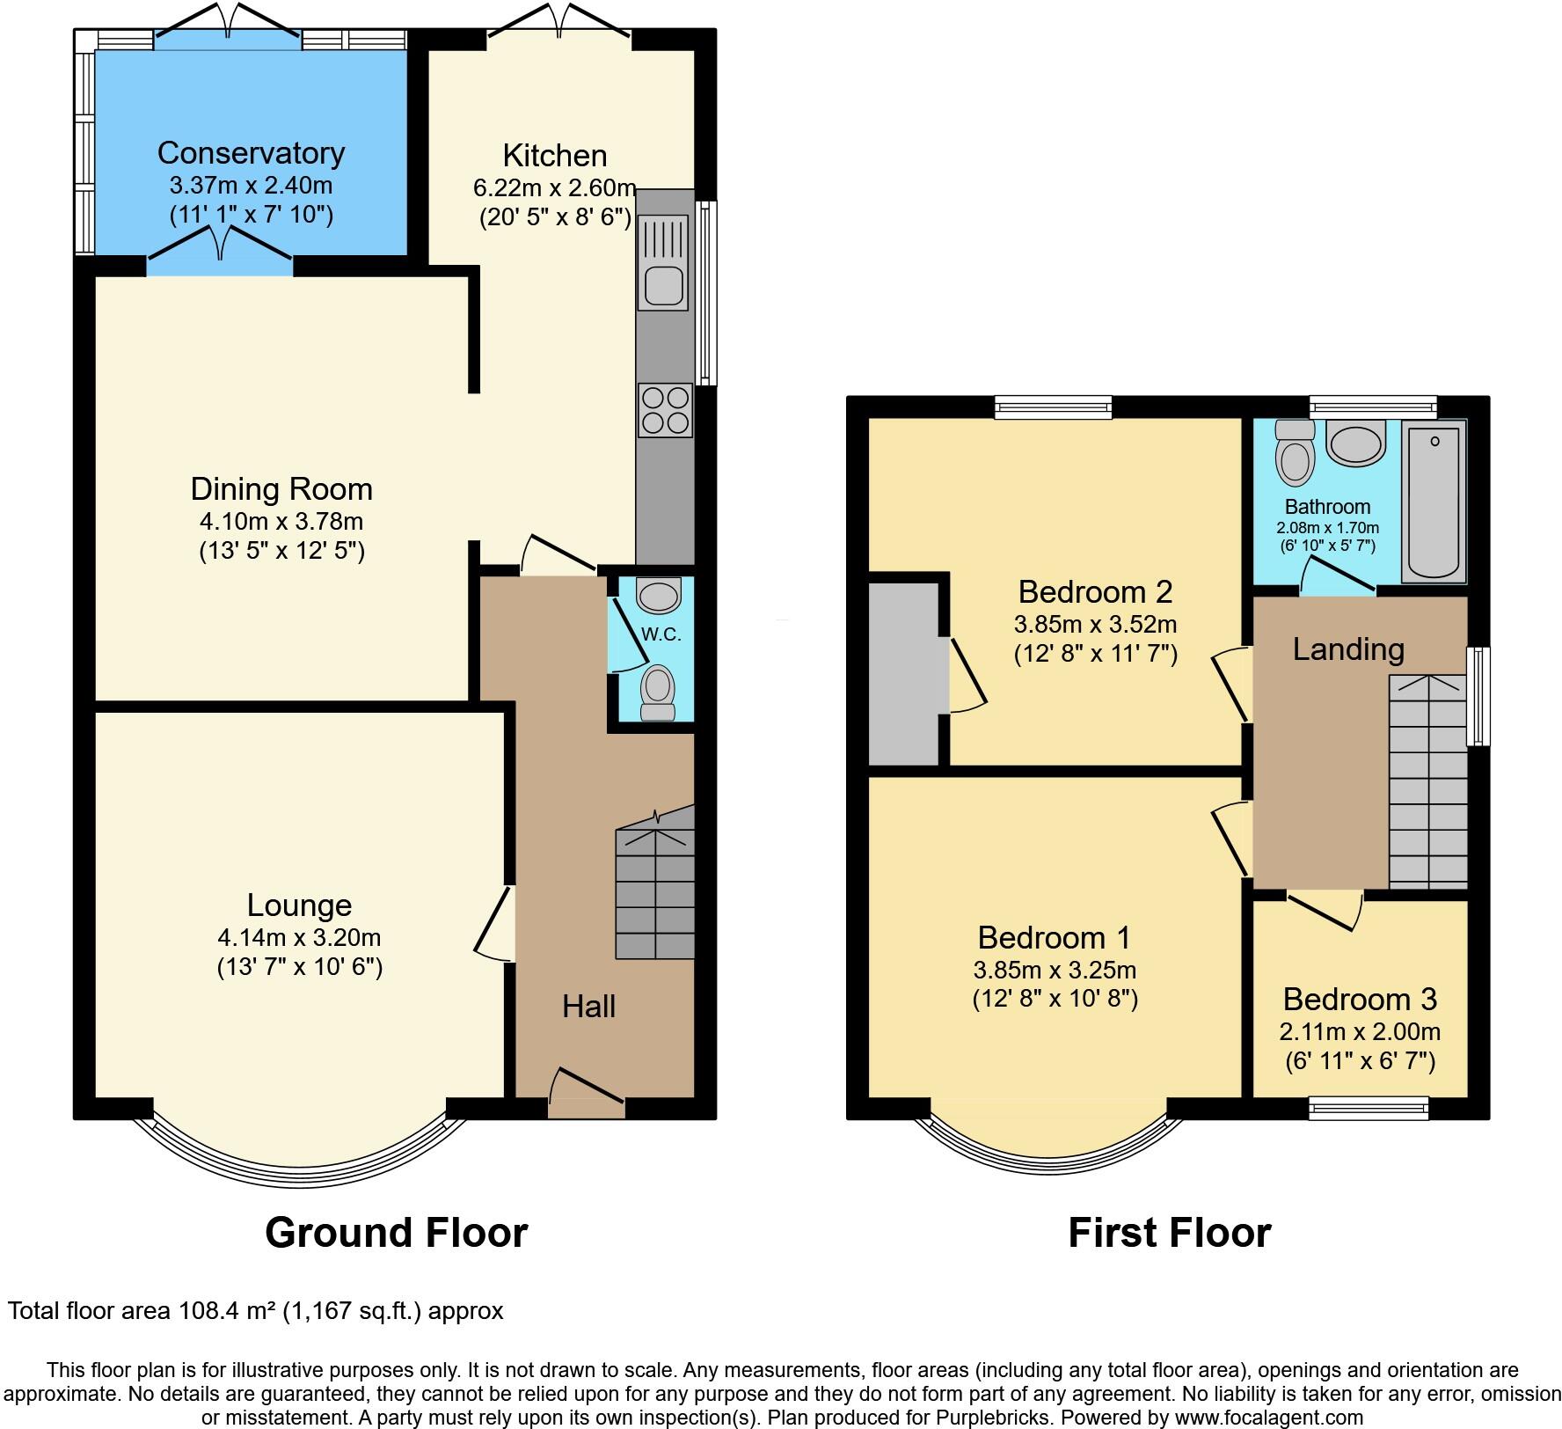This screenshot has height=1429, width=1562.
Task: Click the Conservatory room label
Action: [x=251, y=153]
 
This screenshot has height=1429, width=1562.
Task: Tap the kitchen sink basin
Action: [x=663, y=285]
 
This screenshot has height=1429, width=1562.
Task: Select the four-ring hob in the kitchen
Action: [x=665, y=410]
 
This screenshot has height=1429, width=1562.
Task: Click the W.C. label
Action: [x=661, y=634]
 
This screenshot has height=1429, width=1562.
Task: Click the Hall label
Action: [x=588, y=1007]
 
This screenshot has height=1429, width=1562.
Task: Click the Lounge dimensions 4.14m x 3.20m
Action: [x=299, y=938]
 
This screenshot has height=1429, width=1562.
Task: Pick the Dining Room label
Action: [x=281, y=489]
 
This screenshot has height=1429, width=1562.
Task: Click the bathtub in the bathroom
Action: [x=1434, y=502]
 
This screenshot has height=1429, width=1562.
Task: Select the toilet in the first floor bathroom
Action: [x=1294, y=453]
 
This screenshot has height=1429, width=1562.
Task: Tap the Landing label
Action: [x=1347, y=649]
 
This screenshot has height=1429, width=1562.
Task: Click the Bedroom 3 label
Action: [x=1359, y=1000]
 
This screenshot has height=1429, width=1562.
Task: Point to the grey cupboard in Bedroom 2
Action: [x=903, y=673]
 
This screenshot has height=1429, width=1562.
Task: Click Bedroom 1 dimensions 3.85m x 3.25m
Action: [x=1055, y=971]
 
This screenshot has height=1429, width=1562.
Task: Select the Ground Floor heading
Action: [x=396, y=1233]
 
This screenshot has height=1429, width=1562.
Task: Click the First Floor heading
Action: [x=1169, y=1233]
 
